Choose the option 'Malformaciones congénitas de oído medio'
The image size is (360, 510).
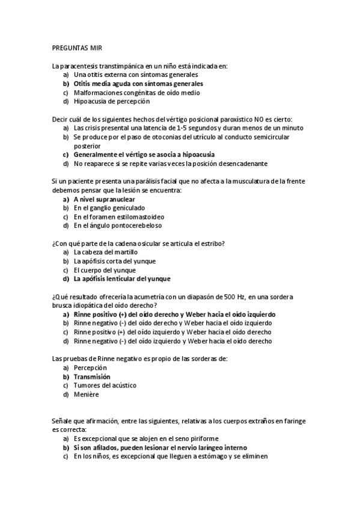(136, 93)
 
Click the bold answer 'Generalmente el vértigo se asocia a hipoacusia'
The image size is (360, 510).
(143, 155)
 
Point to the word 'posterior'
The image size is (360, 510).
(87, 146)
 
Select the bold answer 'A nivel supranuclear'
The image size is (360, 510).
(104, 199)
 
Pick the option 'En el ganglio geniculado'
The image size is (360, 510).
(109, 208)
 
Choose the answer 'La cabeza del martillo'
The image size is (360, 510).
(105, 252)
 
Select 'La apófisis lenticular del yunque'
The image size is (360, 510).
(121, 279)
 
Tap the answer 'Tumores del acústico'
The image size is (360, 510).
(105, 386)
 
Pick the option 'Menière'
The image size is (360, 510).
(87, 395)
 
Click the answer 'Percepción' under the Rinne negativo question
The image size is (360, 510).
(90, 367)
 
